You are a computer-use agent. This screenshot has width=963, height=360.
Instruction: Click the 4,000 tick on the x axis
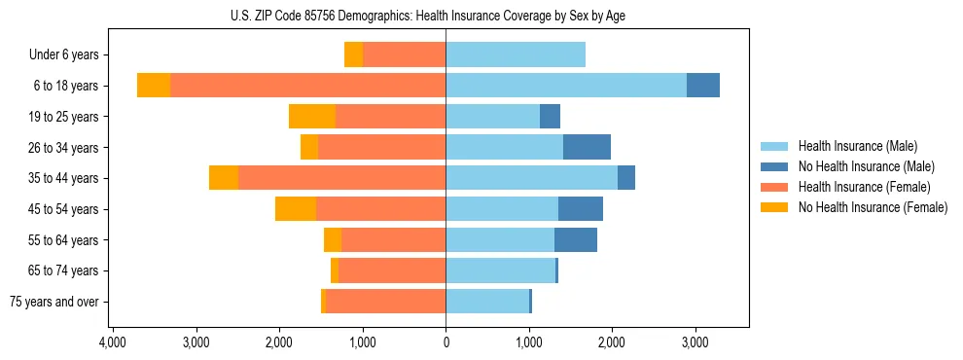[x=113, y=343]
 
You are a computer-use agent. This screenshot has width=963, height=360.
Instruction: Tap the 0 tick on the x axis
[x=446, y=343]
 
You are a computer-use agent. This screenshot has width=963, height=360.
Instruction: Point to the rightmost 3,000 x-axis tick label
[x=695, y=343]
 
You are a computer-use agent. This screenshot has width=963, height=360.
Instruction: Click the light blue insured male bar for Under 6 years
[x=516, y=55]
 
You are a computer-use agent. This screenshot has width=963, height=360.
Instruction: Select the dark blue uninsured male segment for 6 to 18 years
[x=703, y=86]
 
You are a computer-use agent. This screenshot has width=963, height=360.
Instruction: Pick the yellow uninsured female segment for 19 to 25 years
[x=312, y=117]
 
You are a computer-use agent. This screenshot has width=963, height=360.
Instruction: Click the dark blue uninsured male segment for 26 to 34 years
[x=587, y=147]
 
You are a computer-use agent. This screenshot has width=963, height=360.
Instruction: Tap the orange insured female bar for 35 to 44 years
[x=341, y=178]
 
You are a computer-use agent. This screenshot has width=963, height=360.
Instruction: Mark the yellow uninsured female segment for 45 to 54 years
[x=296, y=209]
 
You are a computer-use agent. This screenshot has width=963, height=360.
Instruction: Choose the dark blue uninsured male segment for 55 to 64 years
[x=576, y=239]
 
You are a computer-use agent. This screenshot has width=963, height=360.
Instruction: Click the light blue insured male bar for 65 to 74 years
[x=500, y=270]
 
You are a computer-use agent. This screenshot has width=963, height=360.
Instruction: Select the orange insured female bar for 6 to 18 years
[x=307, y=86]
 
